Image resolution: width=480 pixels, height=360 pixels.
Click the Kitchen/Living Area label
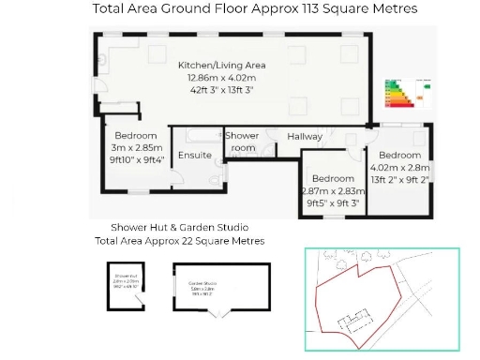[x=222, y=66]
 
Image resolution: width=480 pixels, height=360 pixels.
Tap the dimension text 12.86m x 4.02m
[x=222, y=79]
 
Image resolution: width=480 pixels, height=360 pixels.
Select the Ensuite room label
[x=194, y=155]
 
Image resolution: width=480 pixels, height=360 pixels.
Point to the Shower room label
[x=241, y=142]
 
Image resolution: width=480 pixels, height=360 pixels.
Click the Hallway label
[x=305, y=137]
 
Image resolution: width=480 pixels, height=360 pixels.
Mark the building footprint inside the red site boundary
[x=353, y=322]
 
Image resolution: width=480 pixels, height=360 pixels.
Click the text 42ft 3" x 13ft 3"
[x=222, y=91]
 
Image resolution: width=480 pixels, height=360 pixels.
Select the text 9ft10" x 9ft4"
[x=136, y=159]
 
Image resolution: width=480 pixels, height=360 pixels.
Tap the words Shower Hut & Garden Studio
[x=179, y=228]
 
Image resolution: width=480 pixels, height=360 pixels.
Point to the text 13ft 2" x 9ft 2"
[x=400, y=179]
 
